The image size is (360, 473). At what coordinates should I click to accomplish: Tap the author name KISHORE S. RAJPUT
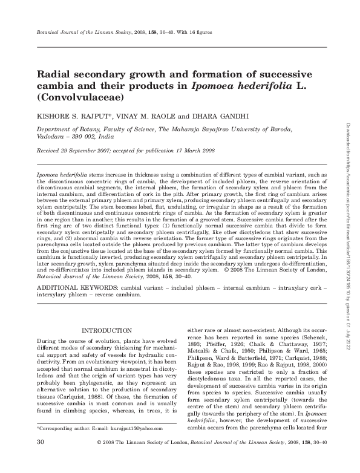click(x=65, y=115)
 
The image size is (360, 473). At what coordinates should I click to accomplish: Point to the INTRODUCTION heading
click(x=106, y=330)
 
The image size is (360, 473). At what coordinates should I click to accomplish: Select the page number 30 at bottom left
click(x=41, y=459)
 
